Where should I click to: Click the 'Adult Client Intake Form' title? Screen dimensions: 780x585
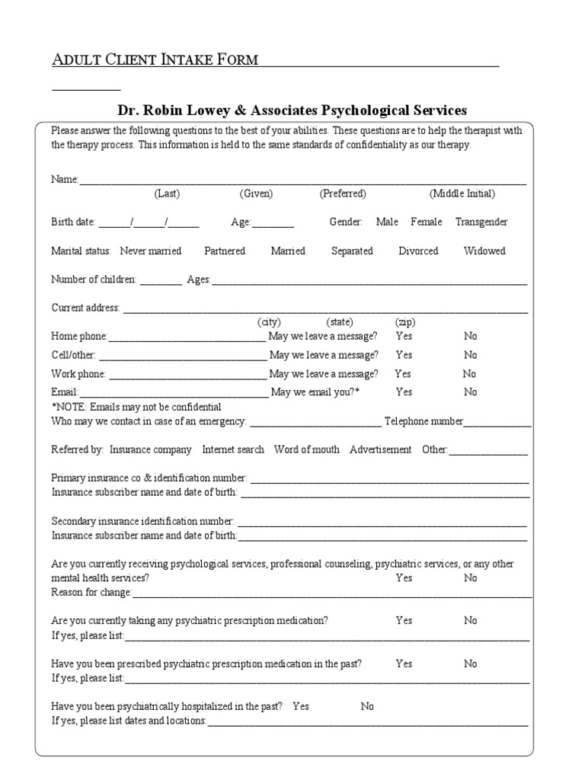[155, 59]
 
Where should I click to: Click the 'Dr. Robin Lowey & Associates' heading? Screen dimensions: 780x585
[292, 110]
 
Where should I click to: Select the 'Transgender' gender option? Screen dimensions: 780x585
[481, 222]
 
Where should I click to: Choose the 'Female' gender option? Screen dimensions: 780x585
[426, 222]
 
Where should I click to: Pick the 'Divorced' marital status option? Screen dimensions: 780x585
[418, 251]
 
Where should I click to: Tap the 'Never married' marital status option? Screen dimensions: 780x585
[150, 251]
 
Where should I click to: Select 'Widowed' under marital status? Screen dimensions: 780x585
[484, 251]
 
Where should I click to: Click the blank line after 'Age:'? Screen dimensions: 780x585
[273, 223]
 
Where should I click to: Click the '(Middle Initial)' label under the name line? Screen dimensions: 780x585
[462, 193]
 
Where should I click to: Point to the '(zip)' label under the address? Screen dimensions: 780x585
[404, 321]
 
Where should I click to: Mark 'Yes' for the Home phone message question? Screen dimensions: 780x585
[404, 336]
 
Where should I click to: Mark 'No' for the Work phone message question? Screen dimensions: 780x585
[469, 373]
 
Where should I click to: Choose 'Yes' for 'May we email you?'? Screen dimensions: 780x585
[404, 392]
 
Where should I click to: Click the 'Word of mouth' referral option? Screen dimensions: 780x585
[306, 449]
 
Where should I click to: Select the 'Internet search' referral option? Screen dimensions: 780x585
[233, 449]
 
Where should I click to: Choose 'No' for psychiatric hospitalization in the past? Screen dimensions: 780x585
[367, 706]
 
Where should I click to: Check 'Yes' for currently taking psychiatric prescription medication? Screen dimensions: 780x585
[404, 620]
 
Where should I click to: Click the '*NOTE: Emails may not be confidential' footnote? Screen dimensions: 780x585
[136, 407]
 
